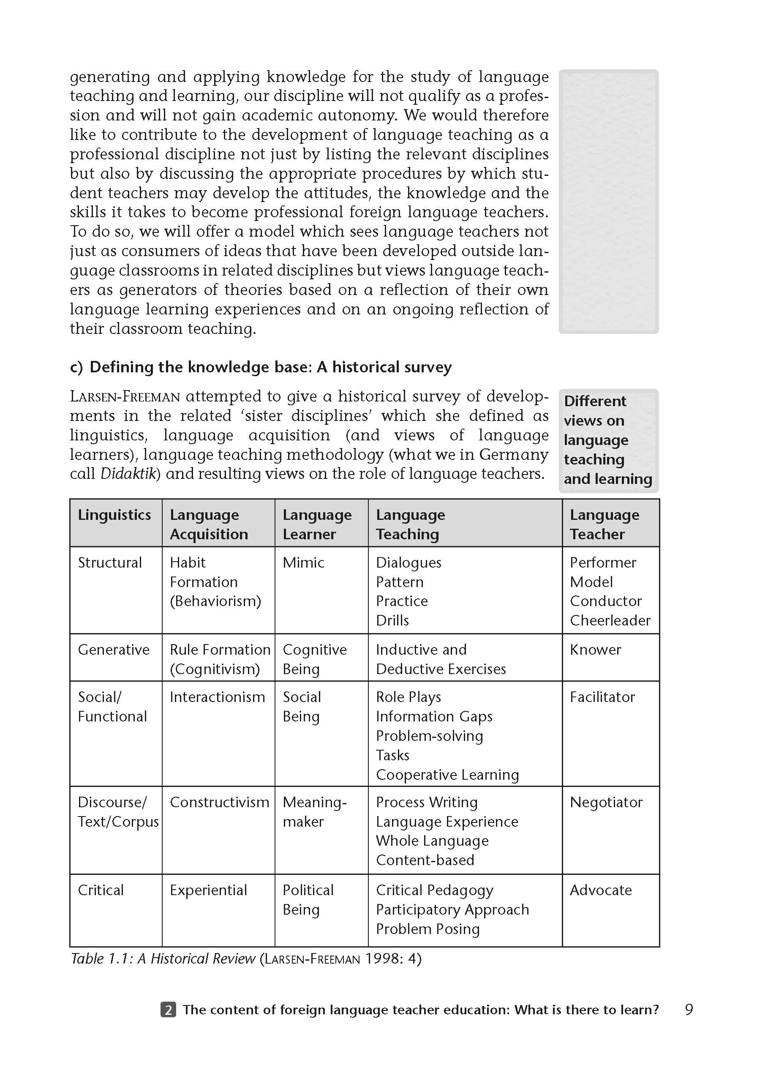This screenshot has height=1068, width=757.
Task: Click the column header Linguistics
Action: [114, 515]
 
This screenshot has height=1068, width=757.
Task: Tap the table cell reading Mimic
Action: [303, 563]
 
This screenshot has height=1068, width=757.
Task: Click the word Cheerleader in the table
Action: [610, 621]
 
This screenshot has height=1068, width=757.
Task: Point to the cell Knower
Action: [595, 650]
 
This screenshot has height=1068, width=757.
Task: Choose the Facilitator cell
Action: [602, 697]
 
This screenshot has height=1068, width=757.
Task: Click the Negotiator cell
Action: [606, 802]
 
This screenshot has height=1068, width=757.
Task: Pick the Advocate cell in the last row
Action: [600, 890]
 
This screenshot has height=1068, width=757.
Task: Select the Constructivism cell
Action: [219, 802]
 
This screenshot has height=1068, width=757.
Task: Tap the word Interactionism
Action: [217, 697]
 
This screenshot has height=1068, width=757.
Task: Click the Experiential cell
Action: [208, 890]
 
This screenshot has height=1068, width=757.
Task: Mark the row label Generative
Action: [113, 650]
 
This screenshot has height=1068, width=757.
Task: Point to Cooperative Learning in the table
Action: [447, 775]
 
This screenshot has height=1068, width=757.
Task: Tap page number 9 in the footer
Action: [689, 1010]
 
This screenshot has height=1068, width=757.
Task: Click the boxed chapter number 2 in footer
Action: [168, 1010]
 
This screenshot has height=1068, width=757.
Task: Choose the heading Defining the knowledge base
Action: [270, 367]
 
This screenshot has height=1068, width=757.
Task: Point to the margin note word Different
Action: [595, 401]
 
